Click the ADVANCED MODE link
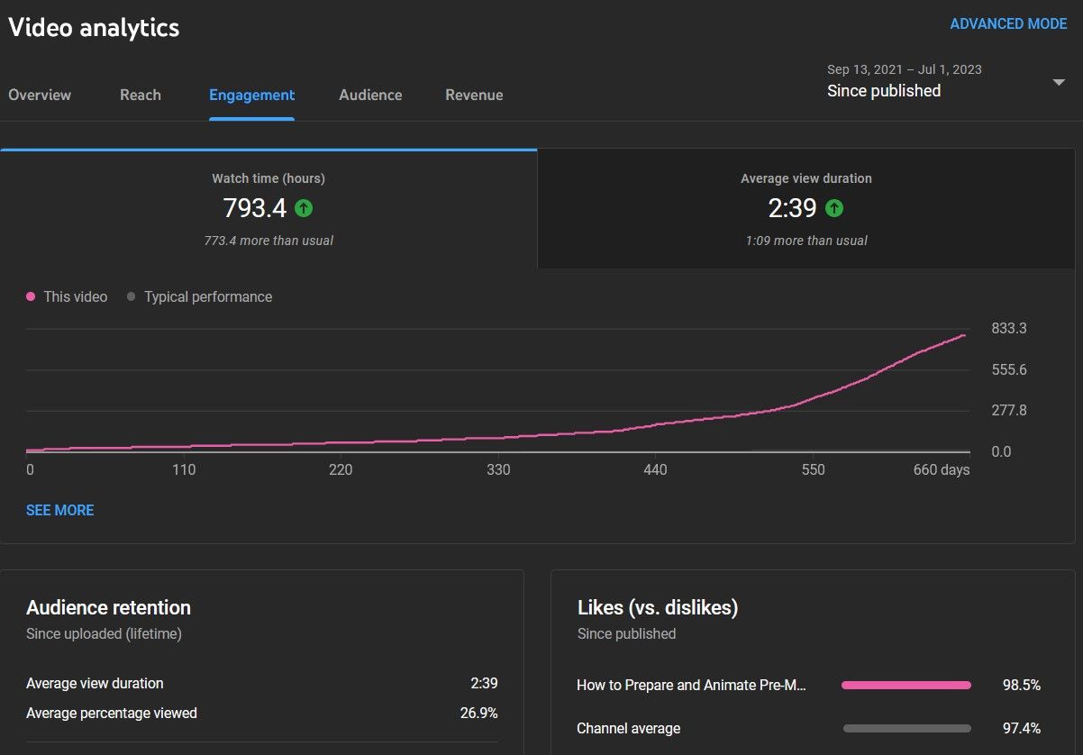pyautogui.click(x=1008, y=24)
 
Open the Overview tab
pyautogui.click(x=40, y=95)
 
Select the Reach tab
pyautogui.click(x=141, y=95)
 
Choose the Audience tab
pyautogui.click(x=370, y=95)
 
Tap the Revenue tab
pyautogui.click(x=474, y=95)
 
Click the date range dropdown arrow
pyautogui.click(x=1059, y=82)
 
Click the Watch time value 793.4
pyautogui.click(x=254, y=208)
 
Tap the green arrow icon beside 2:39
pyautogui.click(x=834, y=208)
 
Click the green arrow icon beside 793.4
pyautogui.click(x=304, y=208)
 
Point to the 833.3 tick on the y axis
pyautogui.click(x=1009, y=328)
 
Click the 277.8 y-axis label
pyautogui.click(x=1009, y=410)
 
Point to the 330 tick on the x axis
pyautogui.click(x=498, y=469)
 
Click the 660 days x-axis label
pyautogui.click(x=941, y=469)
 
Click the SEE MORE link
pyautogui.click(x=59, y=510)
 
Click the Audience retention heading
pyautogui.click(x=108, y=607)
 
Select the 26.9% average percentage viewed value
pyautogui.click(x=478, y=713)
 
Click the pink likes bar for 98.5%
pyautogui.click(x=906, y=686)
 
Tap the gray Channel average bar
pyautogui.click(x=906, y=728)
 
